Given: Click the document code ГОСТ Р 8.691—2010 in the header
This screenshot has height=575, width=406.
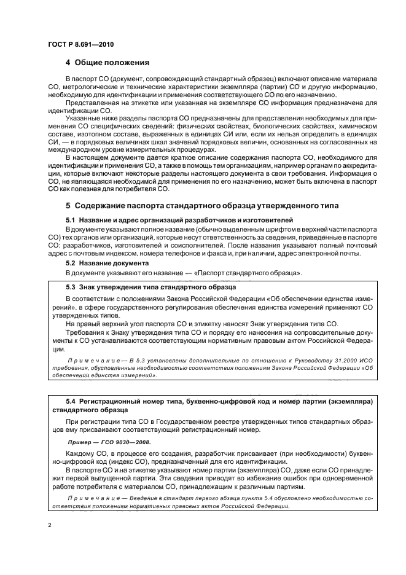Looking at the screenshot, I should [x=80, y=44].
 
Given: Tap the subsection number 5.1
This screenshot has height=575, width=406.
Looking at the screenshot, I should [x=71, y=219].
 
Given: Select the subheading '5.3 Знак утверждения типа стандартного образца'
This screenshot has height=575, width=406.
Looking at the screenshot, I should [x=143, y=287].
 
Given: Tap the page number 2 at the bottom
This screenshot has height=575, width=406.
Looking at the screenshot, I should [x=50, y=524].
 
